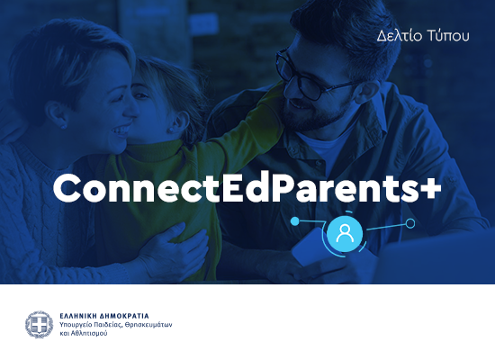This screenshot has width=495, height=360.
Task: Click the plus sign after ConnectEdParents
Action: [429, 187]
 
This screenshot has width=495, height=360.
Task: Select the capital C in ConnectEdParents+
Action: [67, 187]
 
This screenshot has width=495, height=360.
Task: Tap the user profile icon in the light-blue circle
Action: [345, 234]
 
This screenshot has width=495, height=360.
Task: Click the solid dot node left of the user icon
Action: [295, 219]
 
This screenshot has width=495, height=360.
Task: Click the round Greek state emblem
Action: [40, 324]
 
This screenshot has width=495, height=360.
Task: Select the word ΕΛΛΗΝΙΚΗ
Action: [80, 316]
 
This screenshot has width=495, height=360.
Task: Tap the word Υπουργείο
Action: [78, 325]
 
